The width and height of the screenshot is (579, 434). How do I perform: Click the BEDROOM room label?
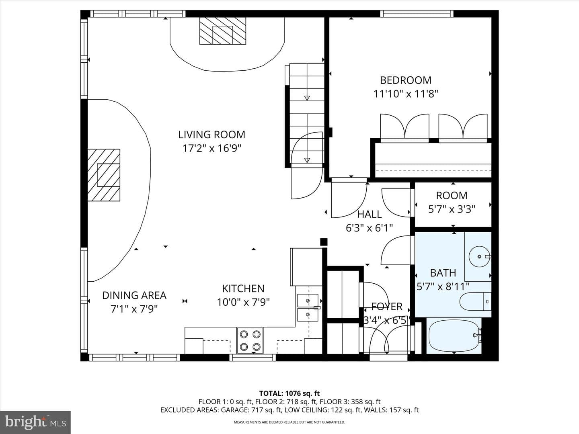click(x=405, y=80)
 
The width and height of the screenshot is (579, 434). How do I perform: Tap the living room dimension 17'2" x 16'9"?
click(x=212, y=148)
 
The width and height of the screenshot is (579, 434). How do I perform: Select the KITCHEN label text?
click(x=243, y=289)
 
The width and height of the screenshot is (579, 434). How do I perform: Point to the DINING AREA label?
click(x=134, y=295)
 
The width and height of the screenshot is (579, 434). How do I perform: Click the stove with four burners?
click(x=250, y=340)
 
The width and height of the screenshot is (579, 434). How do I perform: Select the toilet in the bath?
click(x=475, y=301)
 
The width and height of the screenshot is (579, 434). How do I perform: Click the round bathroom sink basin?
click(x=479, y=256)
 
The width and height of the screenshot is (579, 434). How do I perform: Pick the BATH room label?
click(x=443, y=273)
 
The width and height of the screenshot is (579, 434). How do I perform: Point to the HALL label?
click(x=369, y=214)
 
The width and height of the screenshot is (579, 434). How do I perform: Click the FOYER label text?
click(x=387, y=307)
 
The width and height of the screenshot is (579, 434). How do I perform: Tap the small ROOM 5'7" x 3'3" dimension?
click(x=452, y=209)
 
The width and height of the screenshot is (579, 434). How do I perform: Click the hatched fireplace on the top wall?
click(x=223, y=31)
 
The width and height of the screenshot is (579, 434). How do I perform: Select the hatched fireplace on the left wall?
click(x=104, y=175)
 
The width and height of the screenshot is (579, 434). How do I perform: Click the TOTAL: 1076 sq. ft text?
click(x=289, y=393)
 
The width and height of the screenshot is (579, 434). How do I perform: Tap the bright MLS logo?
click(x=35, y=422)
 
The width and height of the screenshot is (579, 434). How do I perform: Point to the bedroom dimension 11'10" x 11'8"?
click(x=406, y=94)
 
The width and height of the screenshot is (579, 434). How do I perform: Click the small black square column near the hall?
click(x=324, y=242)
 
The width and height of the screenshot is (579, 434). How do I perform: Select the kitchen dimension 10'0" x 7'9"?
click(x=243, y=302)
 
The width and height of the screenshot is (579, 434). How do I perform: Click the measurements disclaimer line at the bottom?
click(x=289, y=422)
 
